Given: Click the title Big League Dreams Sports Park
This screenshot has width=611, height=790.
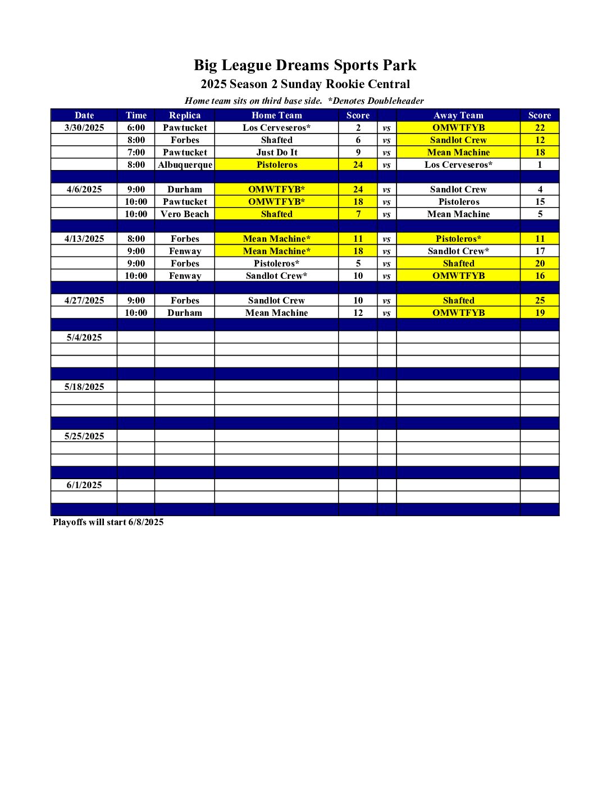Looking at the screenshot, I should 305,65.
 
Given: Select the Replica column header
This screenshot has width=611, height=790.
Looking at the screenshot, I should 185,115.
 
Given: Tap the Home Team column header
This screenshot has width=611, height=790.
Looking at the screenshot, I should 276,115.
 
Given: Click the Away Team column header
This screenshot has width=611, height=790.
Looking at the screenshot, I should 458,115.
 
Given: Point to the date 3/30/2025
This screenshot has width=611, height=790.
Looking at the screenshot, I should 84,127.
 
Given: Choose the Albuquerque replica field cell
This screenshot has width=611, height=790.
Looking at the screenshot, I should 185,164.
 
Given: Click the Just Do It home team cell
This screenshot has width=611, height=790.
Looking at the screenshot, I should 276,152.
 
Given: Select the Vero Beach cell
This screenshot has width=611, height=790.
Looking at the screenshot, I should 185,214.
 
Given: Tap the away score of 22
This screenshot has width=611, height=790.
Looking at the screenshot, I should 540,127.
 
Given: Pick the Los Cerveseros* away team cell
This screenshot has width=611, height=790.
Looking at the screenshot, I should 458,164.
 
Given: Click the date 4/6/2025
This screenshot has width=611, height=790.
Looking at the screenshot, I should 84,189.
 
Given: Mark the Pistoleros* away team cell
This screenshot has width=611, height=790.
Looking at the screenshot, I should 458,238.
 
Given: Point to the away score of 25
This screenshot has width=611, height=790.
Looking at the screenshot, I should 540,300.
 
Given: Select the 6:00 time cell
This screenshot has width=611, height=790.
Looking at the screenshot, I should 136,127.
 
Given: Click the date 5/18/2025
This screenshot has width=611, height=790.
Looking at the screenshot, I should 84,387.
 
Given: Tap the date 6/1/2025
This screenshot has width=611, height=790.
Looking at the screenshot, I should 84,485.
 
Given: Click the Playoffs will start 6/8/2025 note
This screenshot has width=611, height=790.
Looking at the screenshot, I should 108,522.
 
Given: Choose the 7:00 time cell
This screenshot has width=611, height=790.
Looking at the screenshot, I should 136,152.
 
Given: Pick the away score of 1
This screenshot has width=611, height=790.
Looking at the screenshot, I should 540,164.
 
